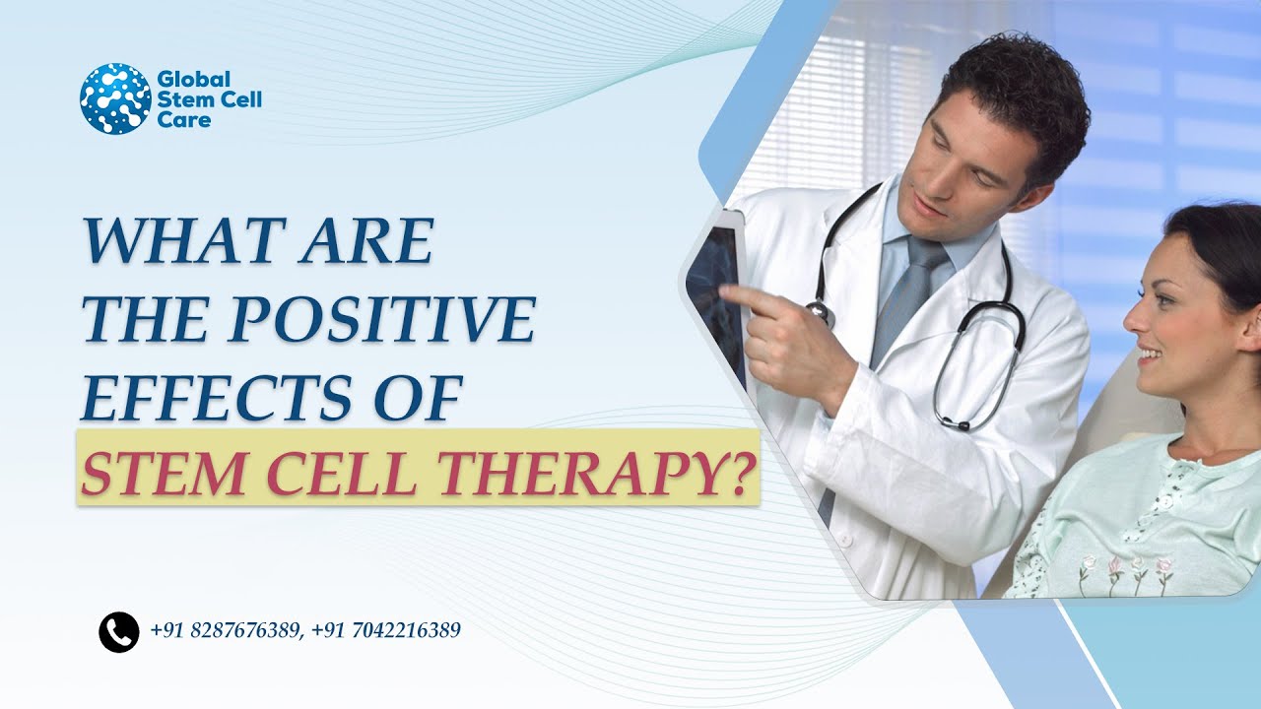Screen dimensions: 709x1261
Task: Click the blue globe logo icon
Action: [x=115, y=98]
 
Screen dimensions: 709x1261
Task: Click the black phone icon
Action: [x=119, y=632]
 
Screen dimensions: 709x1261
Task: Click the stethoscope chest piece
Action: [x=819, y=311]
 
